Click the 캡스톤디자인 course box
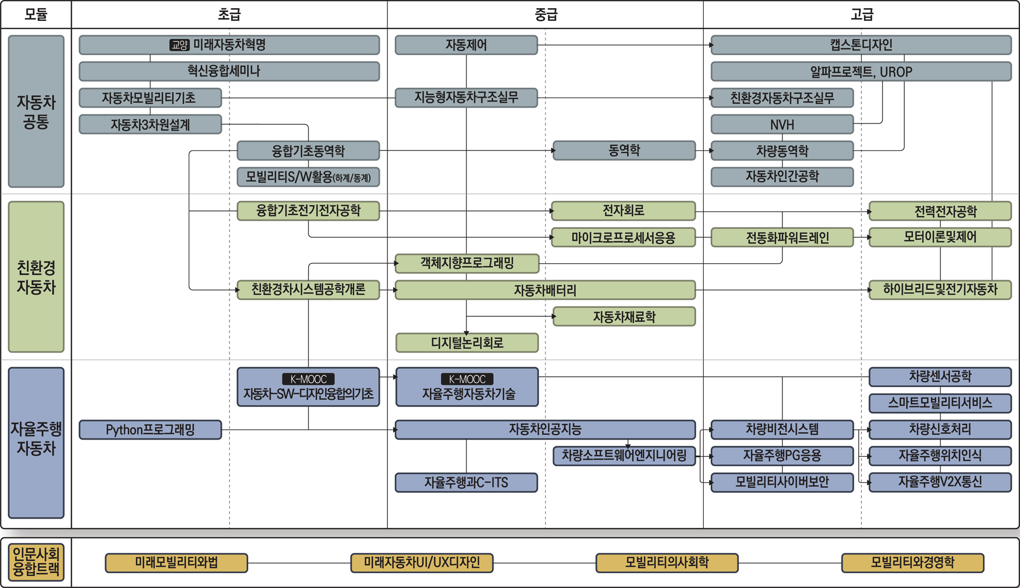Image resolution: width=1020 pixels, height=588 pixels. [861, 45]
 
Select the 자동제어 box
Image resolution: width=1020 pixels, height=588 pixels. [466, 45]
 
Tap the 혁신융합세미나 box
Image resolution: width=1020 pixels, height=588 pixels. [229, 71]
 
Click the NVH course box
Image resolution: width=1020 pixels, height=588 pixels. [782, 124]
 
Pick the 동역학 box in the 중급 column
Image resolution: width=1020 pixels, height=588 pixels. [624, 150]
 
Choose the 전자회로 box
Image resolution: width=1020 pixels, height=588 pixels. [623, 211]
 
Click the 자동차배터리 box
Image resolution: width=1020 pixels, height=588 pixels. [545, 290]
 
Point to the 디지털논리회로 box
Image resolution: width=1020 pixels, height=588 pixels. [467, 343]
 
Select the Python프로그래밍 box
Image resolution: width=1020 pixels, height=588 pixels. [150, 430]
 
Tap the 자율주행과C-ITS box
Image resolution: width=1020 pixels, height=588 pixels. [466, 482]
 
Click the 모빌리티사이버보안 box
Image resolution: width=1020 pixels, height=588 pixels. [782, 482]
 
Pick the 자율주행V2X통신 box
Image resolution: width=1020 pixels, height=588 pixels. [940, 482]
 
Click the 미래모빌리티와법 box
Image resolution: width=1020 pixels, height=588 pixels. [176, 563]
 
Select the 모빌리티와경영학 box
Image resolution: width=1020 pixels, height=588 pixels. [912, 563]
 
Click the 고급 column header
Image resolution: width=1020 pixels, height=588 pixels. [862, 14]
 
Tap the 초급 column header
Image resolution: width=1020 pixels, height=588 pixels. [229, 14]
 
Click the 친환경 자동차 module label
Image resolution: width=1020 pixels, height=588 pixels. [36, 277]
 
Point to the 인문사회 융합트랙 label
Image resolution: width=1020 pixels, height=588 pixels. [36, 562]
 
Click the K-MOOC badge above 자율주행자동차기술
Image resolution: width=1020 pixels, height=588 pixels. [467, 379]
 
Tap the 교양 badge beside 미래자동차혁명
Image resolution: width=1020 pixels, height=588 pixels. [180, 45]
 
